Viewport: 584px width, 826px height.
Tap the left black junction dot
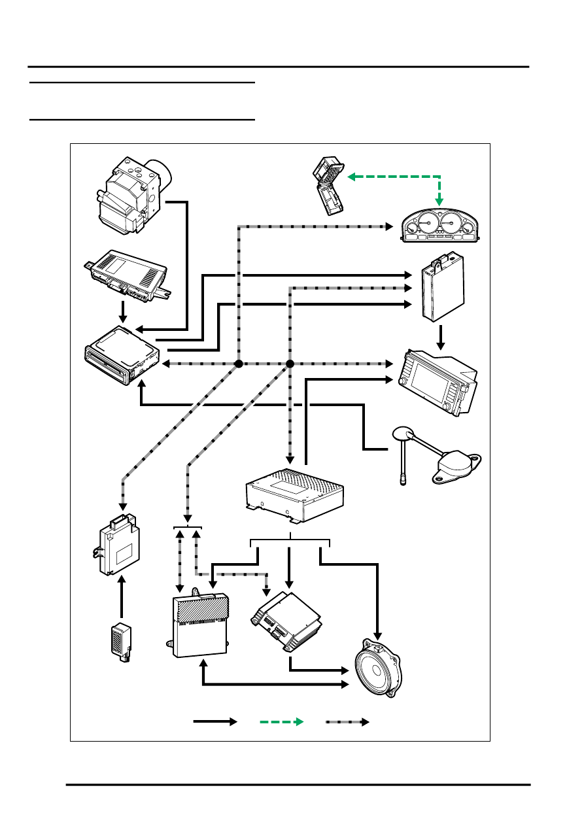coord(239,364)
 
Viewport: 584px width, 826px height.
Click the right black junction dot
coord(290,364)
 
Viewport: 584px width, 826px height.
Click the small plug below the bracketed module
coord(121,642)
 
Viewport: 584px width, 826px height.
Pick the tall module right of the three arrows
coord(442,290)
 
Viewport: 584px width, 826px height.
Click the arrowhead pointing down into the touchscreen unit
coord(441,345)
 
